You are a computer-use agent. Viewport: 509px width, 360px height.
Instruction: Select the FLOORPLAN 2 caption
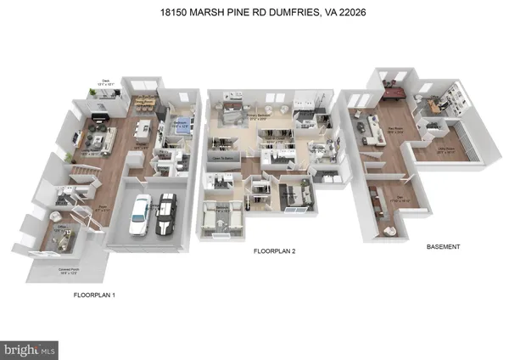pos(273,251)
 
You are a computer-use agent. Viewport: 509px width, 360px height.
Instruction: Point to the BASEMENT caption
pos(443,246)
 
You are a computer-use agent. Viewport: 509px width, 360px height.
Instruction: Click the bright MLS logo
pos(30,348)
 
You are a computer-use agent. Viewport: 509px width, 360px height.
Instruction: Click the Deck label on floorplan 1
pos(103,83)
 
